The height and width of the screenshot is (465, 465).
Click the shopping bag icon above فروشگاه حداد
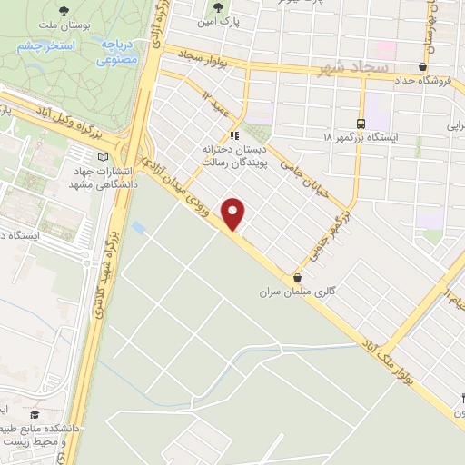(422, 66)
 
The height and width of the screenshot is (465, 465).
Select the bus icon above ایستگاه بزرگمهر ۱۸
(361, 123)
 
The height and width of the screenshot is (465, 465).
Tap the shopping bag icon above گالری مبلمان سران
(298, 277)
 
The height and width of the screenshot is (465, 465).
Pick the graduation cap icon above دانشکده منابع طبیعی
(34, 415)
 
